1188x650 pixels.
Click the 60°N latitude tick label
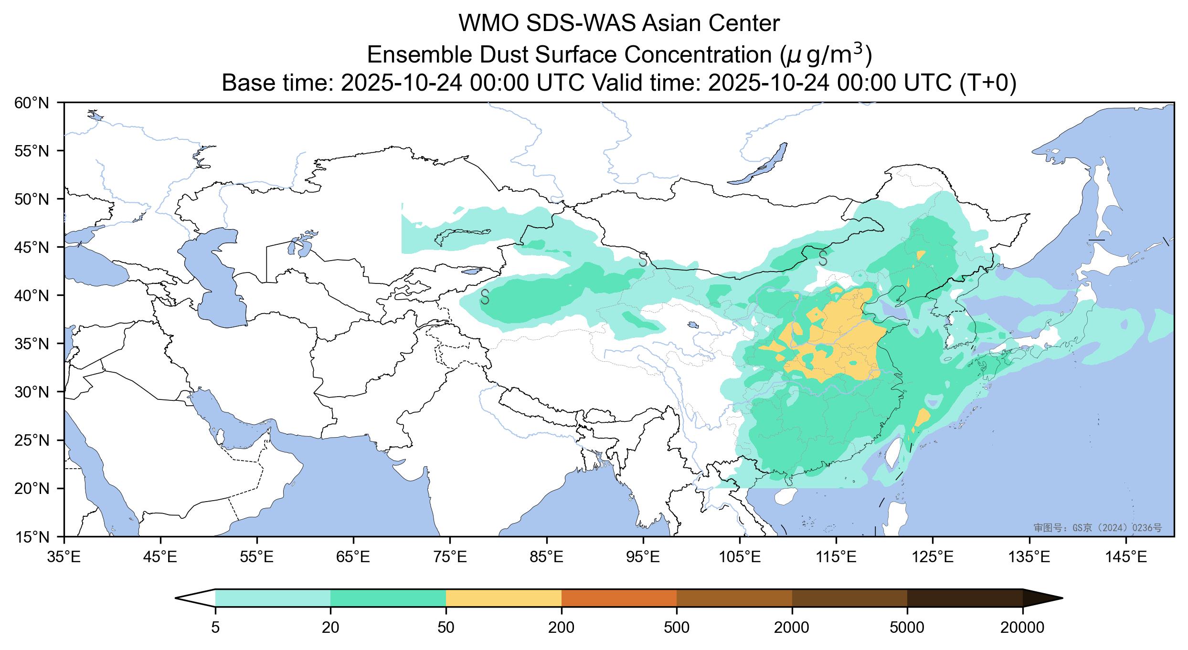tap(32, 103)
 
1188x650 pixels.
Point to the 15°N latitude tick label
tap(32, 537)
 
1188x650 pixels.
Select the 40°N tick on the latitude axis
tap(32, 295)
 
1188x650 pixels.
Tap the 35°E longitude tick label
tap(64, 556)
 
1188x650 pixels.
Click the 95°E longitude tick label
tap(643, 556)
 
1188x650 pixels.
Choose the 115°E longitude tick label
tap(836, 556)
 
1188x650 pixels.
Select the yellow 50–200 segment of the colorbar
tap(503, 598)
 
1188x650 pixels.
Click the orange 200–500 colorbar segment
tap(619, 598)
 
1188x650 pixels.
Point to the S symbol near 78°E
tap(485, 296)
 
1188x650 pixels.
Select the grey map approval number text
tap(1097, 527)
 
